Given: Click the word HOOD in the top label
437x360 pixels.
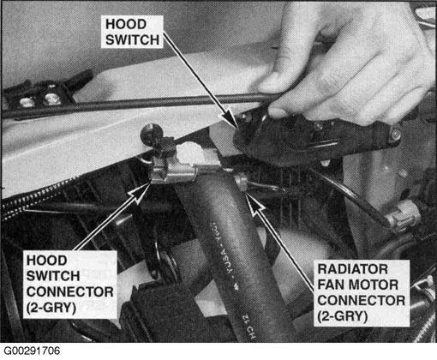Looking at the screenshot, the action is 126,24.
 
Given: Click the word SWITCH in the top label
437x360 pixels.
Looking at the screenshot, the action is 132,39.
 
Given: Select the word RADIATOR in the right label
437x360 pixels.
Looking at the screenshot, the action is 353,269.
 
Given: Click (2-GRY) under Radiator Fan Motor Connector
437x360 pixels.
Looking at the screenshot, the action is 343,316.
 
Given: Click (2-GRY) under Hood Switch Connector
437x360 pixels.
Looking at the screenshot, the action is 51,308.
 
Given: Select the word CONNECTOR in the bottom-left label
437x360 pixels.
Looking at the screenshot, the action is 70,292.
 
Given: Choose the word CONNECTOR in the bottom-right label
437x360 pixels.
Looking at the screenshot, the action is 362,301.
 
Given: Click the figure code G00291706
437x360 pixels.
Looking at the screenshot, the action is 32,351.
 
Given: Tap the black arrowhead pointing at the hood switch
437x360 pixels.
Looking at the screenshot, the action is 230,119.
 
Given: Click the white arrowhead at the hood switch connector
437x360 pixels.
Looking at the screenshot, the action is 141,192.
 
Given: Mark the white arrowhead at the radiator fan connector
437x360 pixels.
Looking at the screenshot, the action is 254,204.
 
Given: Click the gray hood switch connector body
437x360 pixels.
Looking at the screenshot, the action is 172,173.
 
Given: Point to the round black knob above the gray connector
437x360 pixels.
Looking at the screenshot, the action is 151,132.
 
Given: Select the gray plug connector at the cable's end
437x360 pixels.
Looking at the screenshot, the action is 404,218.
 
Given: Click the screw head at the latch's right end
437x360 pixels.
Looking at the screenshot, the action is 395,134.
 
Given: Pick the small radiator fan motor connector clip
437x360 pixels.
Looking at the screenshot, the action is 242,182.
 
